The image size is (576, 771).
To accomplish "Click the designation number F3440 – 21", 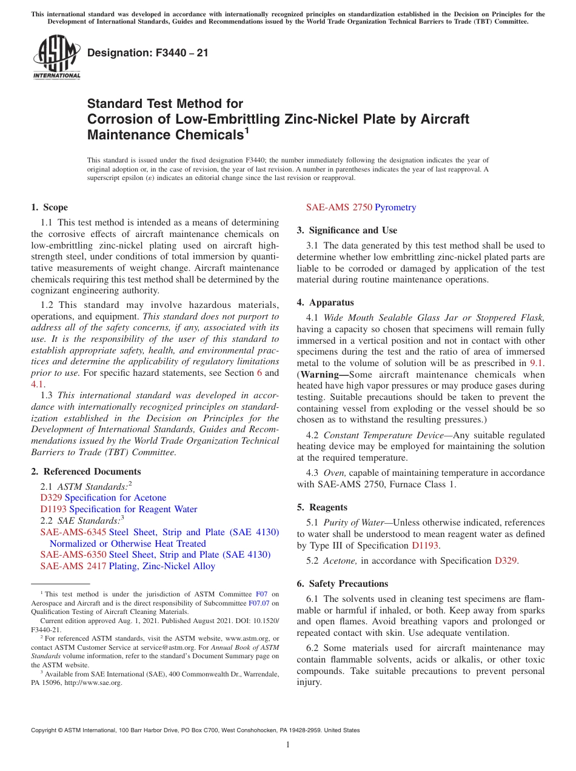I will [148, 53].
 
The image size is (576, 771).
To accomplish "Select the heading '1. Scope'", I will [50, 207].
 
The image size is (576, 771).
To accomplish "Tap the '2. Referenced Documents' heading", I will [86, 472].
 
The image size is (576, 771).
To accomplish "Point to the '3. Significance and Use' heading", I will [347, 230].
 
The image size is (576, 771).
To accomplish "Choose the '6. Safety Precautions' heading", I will [342, 584].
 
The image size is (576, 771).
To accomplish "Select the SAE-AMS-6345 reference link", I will [73, 532].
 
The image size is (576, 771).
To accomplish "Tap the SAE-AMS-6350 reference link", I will [73, 555].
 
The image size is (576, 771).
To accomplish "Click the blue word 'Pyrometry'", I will [395, 207].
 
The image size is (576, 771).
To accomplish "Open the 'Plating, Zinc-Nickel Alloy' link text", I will [162, 566].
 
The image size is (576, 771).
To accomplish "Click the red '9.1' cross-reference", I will [537, 363].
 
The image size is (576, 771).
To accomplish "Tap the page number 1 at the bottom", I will [288, 744].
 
